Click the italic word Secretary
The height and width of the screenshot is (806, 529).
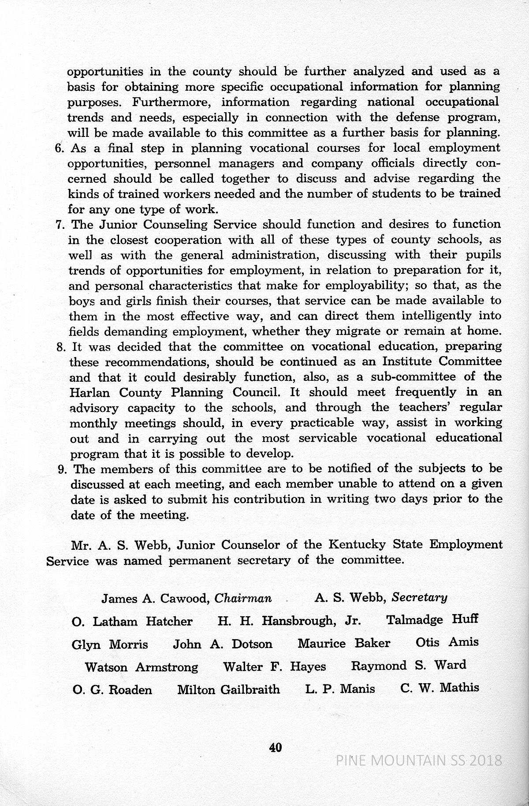point(420,597)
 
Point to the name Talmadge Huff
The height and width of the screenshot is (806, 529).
point(432,620)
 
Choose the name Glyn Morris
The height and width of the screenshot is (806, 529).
point(110,645)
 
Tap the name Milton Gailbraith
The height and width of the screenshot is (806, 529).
point(228,689)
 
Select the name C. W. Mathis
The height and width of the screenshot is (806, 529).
point(440,688)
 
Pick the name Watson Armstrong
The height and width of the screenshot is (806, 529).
point(142,667)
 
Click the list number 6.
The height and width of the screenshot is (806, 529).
point(60,148)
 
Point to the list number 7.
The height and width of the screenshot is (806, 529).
point(61,225)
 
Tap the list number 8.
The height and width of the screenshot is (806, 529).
point(62,346)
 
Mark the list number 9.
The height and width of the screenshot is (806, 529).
point(62,469)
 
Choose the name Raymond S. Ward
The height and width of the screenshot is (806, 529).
point(408,665)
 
